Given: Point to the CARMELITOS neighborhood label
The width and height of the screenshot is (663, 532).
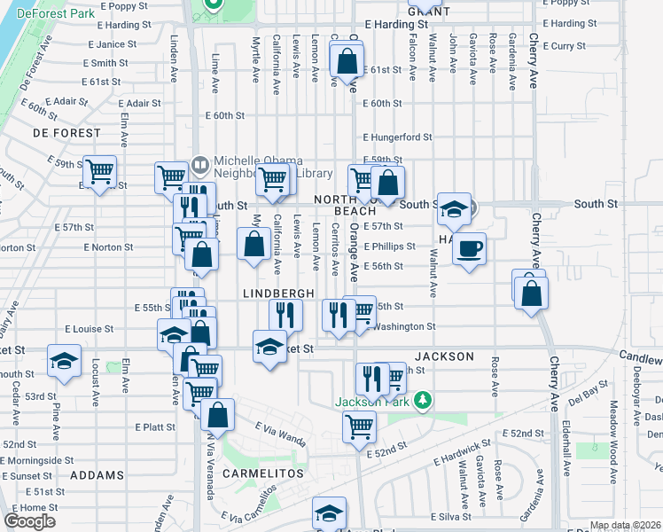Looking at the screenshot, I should [262, 473].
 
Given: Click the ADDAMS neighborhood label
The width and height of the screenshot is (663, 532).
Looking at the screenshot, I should [97, 475].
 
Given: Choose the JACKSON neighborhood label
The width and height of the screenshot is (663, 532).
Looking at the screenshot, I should [445, 356].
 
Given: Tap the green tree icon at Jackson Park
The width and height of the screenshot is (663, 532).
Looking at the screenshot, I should [423, 401].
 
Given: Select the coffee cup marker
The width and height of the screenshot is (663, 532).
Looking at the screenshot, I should [470, 247].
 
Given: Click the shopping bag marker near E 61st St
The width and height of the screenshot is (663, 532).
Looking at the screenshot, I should [347, 61].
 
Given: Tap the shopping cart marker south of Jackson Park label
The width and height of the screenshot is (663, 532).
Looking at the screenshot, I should [360, 426].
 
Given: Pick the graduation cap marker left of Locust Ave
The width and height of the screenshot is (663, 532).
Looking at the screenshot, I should [65, 360].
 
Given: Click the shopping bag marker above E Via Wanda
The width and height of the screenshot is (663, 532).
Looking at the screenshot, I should [217, 414].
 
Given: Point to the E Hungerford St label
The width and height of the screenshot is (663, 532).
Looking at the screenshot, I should [397, 137].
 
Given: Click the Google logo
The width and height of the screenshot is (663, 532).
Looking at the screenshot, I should [29, 521].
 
